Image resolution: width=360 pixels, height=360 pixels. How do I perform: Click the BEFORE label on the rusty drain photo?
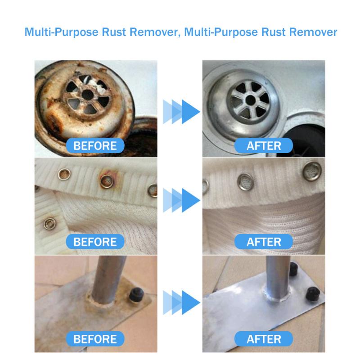pos(95,146)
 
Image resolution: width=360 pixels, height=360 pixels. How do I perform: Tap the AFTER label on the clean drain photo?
pos(264,146)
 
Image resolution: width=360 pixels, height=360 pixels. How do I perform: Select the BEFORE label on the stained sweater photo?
pos(95,242)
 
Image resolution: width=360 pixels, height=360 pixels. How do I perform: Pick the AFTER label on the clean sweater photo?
pos(264,242)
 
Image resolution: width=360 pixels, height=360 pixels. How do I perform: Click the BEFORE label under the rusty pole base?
pos(95,338)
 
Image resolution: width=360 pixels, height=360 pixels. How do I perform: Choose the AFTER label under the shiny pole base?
pos(264,338)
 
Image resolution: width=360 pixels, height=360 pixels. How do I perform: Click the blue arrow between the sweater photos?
pos(182,198)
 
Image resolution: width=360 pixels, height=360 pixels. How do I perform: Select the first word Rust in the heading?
pos(121,32)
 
